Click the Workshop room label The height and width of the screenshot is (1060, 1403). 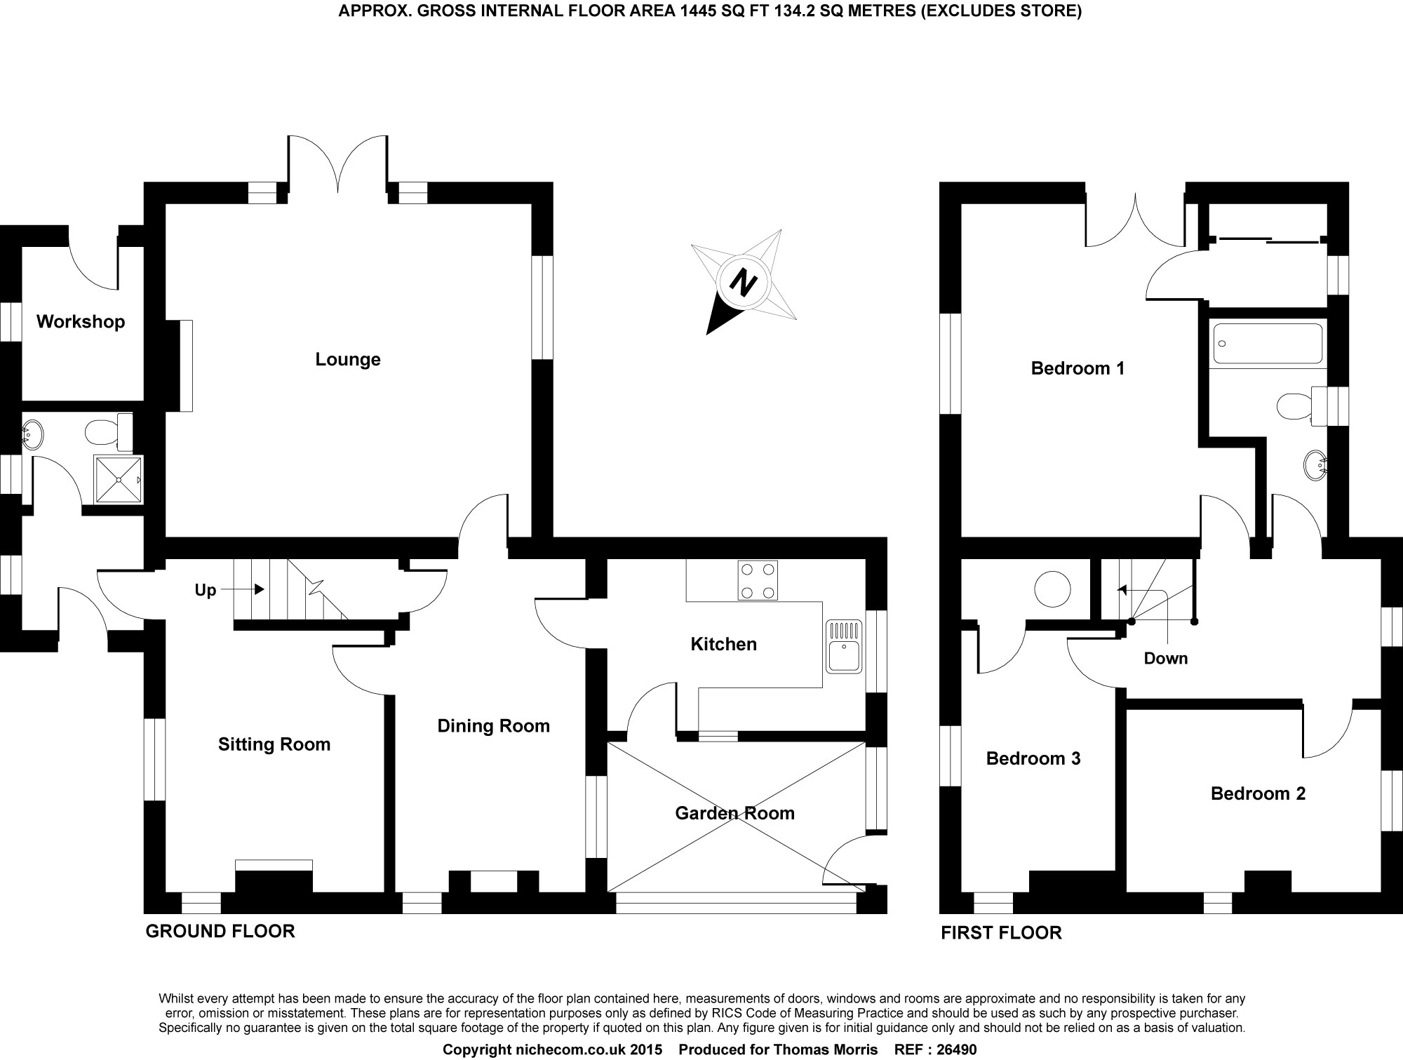[x=81, y=321]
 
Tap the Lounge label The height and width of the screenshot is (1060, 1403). [x=348, y=359]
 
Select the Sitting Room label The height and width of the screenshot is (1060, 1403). [x=274, y=744]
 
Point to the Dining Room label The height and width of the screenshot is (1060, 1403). [x=493, y=726]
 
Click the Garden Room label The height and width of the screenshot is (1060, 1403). [x=734, y=813]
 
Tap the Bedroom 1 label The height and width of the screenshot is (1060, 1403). [x=1078, y=368]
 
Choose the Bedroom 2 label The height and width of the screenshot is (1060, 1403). [x=1258, y=793]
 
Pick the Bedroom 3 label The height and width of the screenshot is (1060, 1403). [x=1033, y=758]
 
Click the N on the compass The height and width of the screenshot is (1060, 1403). [x=744, y=283]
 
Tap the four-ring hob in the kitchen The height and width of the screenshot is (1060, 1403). [x=758, y=581]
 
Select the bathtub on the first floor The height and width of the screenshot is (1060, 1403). [x=1267, y=343]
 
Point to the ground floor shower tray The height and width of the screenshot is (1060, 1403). [x=119, y=480]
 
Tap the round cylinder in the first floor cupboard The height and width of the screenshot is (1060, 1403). [x=1054, y=589]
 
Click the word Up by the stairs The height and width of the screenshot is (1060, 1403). [x=206, y=591]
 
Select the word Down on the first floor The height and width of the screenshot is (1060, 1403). [x=1166, y=658]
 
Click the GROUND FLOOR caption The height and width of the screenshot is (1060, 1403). [x=220, y=932]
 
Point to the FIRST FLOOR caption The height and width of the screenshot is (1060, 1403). [x=1001, y=933]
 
